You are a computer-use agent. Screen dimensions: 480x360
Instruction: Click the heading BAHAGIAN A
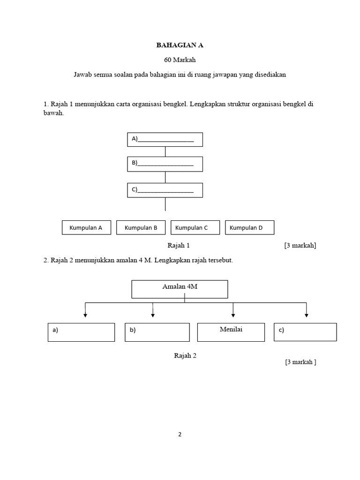point(180,45)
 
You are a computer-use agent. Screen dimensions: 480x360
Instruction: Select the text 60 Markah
point(180,60)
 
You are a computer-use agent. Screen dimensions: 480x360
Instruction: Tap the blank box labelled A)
point(165,139)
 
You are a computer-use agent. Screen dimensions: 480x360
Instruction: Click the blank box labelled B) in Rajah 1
point(165,164)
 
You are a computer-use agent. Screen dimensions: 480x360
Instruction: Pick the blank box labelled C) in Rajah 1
point(165,190)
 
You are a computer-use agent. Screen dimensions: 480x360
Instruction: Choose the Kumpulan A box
point(86,228)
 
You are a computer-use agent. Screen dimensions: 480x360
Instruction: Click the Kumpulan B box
point(141,228)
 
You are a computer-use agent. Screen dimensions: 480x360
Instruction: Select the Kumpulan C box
point(195,228)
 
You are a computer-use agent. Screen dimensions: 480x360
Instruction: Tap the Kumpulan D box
point(249,228)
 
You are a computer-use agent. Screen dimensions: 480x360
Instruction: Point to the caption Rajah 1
point(179,245)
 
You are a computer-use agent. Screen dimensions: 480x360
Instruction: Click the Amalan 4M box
point(180,289)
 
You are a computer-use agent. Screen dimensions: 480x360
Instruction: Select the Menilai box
point(231,332)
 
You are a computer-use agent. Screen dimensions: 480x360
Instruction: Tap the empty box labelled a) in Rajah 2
point(81,332)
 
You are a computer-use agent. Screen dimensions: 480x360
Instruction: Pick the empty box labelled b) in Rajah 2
point(157,332)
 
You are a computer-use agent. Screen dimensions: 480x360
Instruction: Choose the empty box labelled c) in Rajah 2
point(305,332)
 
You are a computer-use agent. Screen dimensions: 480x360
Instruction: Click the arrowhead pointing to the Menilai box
point(233,315)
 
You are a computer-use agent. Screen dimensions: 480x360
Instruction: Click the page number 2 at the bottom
point(180,434)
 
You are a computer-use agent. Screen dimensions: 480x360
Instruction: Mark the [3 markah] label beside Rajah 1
point(300,245)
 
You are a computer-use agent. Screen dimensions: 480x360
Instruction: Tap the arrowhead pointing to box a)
point(85,315)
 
